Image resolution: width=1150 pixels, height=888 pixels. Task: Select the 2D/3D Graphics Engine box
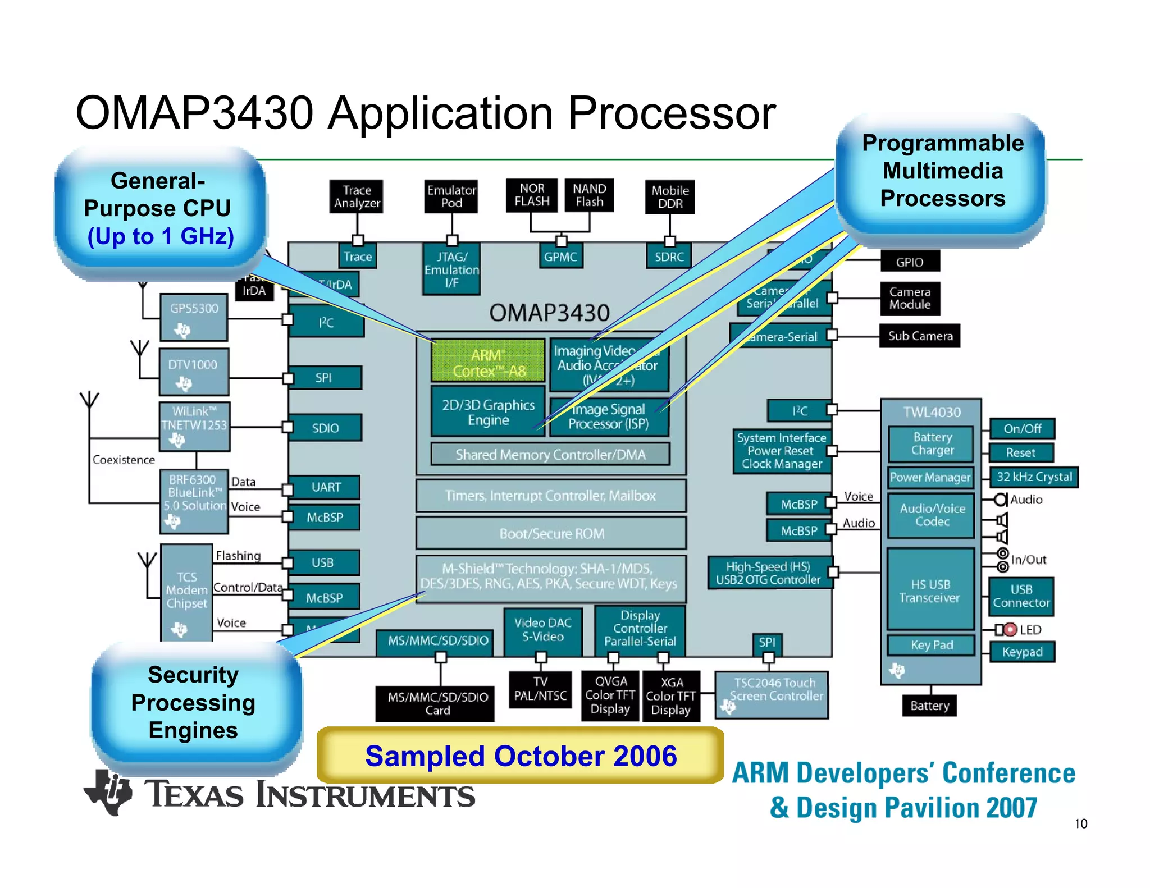click(487, 411)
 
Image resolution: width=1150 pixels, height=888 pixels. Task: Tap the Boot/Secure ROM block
click(551, 533)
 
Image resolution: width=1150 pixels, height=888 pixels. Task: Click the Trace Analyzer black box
click(357, 196)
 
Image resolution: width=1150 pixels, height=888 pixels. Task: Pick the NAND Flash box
click(589, 195)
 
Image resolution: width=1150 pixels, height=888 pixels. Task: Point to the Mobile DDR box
click(669, 196)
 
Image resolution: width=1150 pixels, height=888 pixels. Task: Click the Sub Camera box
click(919, 336)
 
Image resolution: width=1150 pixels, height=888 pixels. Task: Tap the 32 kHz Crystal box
click(1034, 477)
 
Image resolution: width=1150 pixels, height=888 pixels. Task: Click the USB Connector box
click(1021, 596)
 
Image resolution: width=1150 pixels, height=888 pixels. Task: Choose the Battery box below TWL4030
click(929, 706)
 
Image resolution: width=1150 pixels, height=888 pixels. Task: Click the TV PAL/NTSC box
click(540, 689)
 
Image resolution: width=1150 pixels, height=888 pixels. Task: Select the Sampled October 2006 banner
click(520, 756)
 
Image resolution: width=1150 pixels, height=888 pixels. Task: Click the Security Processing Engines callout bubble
click(194, 703)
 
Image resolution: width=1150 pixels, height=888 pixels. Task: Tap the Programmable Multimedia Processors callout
click(942, 171)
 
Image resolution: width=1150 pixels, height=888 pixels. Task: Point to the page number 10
click(1081, 823)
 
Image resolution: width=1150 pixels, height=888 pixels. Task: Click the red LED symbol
click(1010, 629)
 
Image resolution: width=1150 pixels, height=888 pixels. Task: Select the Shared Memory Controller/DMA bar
click(550, 454)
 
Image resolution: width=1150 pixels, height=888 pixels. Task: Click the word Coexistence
click(124, 460)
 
